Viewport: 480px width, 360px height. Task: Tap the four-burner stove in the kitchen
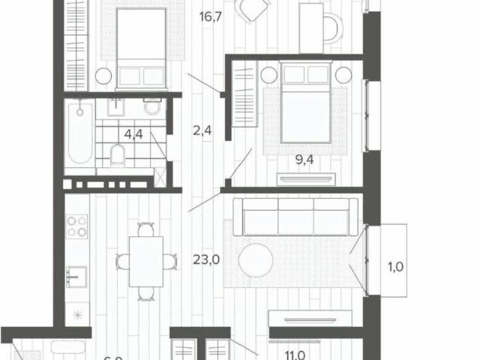tap(77, 226)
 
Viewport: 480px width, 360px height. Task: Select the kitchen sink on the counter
tap(76, 276)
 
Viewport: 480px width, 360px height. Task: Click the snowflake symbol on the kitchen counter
tap(76, 313)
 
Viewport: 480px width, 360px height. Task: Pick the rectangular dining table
tap(145, 260)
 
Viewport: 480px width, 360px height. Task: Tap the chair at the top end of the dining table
tap(145, 229)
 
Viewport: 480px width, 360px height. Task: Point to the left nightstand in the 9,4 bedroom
tap(269, 74)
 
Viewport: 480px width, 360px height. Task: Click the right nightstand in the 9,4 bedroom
tap(343, 74)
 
